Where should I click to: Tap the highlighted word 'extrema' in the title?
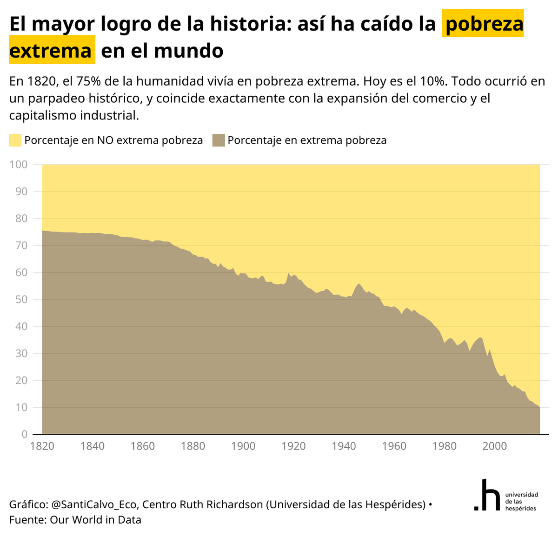[51, 50]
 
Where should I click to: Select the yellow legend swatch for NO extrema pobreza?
[15, 140]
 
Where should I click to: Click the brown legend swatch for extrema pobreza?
[219, 140]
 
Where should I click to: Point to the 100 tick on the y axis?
[19, 165]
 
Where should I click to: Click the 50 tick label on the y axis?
[21, 299]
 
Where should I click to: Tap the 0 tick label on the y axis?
[24, 434]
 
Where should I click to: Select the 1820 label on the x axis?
[42, 446]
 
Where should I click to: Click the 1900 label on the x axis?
[243, 446]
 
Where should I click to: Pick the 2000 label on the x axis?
[494, 446]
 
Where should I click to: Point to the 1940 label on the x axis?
[344, 446]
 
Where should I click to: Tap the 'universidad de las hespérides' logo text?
[521, 502]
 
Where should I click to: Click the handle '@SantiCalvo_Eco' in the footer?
[94, 504]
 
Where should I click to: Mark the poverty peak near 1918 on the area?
[289, 273]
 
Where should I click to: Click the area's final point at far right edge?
[539, 407]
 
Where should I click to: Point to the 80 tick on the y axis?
[21, 219]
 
